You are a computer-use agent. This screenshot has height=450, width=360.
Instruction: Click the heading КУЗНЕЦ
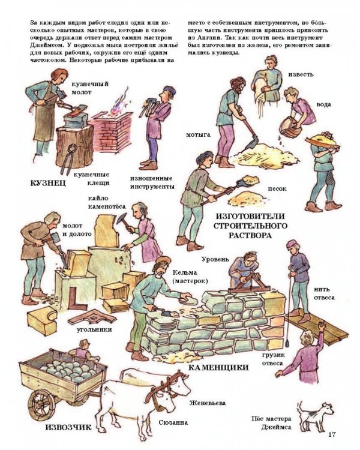click(48, 183)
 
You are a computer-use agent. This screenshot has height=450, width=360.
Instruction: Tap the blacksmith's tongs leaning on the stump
click(68, 158)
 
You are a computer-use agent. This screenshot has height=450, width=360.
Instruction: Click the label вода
click(324, 104)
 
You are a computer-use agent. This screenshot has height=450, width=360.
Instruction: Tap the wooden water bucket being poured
click(290, 126)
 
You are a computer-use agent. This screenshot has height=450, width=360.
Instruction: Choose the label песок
click(277, 189)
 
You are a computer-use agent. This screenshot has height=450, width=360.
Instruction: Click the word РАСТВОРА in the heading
click(250, 236)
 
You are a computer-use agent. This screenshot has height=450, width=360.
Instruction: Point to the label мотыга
click(199, 134)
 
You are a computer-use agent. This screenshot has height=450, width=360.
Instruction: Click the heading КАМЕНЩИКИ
click(218, 368)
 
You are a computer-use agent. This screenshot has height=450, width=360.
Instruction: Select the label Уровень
click(215, 259)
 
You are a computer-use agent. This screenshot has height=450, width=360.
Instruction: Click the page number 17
click(332, 434)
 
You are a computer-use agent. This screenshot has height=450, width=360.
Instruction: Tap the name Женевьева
click(207, 403)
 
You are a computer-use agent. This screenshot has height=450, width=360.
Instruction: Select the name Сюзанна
click(173, 423)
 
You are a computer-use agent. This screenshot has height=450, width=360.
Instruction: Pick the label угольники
click(94, 330)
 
